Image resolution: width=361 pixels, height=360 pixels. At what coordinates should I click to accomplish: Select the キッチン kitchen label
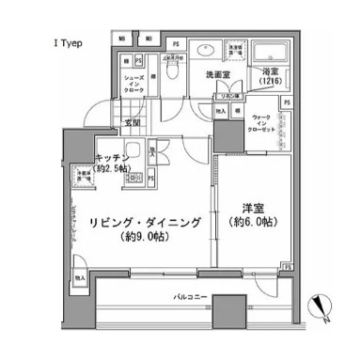(x=108, y=158)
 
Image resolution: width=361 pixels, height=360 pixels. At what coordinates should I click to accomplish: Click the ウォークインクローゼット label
(x=264, y=122)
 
